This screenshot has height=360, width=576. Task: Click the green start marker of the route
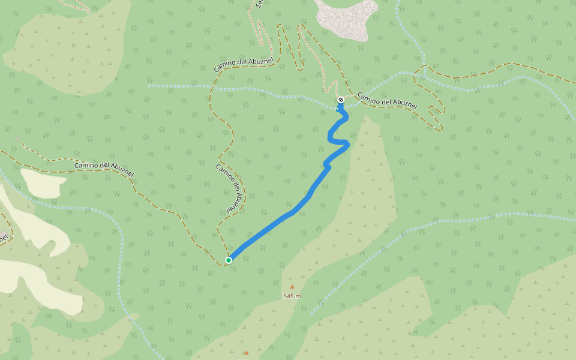(229, 260)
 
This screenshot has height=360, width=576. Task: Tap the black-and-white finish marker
(341, 100)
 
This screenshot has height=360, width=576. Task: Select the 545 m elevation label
(292, 296)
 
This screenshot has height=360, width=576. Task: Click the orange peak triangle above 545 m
(292, 287)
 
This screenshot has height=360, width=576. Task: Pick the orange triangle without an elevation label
(246, 353)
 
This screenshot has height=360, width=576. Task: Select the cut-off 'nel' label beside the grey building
(4, 239)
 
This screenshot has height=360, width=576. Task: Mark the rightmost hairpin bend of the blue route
(347, 143)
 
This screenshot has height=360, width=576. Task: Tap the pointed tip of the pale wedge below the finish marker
(365, 115)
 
